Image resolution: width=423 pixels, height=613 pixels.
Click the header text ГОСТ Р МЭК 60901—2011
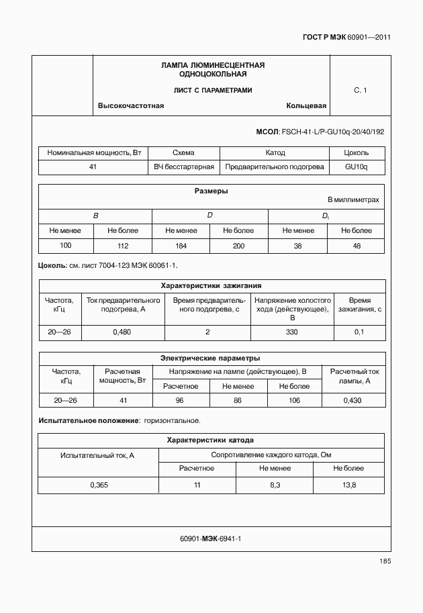346,38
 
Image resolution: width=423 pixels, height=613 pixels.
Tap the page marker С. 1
360,90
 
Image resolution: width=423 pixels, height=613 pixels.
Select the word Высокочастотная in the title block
131,106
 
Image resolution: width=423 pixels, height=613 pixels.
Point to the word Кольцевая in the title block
306,106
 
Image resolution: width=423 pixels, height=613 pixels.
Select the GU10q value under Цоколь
356,167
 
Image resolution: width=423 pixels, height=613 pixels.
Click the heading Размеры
211,191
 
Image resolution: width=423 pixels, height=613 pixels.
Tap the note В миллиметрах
353,200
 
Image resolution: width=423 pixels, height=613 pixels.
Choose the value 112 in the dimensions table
123,246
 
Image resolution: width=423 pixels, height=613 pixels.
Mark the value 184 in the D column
181,246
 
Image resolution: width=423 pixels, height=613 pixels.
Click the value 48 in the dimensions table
356,246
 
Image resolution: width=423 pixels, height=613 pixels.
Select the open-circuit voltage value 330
291,332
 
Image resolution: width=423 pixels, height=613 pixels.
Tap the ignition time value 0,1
359,332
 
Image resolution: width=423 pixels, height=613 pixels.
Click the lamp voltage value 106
294,400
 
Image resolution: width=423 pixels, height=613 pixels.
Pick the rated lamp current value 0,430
352,400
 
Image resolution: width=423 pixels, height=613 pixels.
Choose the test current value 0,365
98,485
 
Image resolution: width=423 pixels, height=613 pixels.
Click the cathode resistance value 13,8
349,485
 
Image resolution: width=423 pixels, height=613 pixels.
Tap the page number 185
384,561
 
